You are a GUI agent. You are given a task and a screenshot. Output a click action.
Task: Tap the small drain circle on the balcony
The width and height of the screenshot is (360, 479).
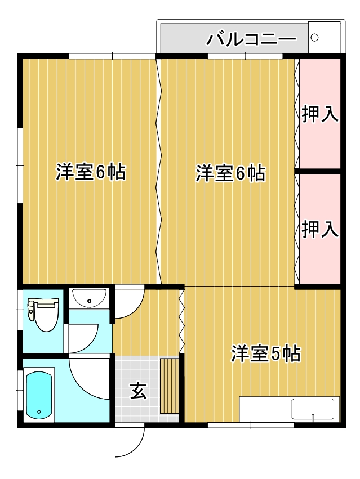314,38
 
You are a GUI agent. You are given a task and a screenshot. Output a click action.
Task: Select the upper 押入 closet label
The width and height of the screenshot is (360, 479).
320,114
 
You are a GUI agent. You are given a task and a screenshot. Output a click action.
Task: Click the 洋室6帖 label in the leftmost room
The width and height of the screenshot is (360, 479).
90,172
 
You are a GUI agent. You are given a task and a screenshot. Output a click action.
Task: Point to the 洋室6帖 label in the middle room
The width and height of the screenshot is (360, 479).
230,173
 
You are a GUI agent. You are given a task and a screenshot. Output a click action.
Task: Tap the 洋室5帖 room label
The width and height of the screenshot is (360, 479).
265,354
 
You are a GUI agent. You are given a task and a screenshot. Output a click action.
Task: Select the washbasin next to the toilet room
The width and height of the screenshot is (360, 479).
90,298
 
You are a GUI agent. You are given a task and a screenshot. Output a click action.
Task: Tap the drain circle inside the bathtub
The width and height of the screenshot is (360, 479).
39,412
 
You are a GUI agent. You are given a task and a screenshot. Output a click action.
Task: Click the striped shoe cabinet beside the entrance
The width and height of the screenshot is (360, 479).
170,386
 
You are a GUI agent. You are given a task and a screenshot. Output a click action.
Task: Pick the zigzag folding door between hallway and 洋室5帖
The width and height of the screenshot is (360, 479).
181,321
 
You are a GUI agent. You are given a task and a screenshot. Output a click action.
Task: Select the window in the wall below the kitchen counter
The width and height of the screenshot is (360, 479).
251,425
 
